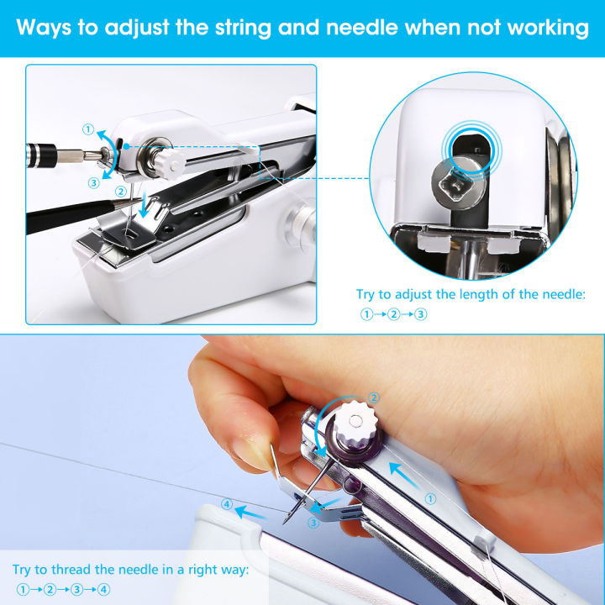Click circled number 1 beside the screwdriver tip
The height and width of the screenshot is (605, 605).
pos(89,129)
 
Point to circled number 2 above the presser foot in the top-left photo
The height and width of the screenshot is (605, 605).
pos(121,192)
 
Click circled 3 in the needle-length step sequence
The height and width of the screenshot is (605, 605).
pos(421,314)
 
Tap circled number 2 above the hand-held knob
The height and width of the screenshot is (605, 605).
pos(374,398)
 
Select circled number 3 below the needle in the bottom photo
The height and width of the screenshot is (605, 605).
pos(313,523)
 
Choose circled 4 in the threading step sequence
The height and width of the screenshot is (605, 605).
pos(103,590)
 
